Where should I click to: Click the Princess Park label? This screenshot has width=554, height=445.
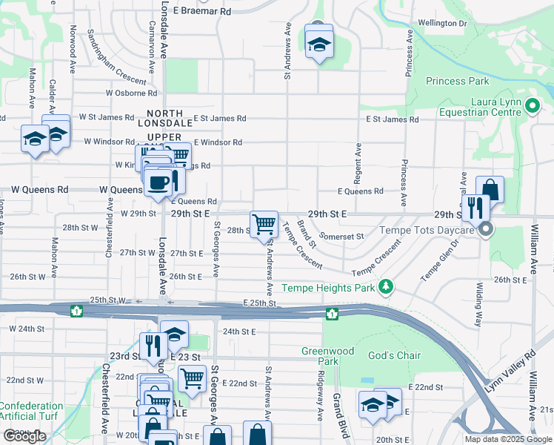(x=458, y=81)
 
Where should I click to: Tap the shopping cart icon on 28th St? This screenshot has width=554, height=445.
(x=264, y=223)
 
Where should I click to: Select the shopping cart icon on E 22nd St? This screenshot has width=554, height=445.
(x=192, y=378)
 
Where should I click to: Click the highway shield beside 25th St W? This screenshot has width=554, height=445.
(x=76, y=311)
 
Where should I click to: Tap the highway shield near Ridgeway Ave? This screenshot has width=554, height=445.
(x=333, y=314)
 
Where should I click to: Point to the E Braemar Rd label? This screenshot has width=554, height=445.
(x=202, y=12)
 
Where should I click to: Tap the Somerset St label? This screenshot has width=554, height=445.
(x=342, y=237)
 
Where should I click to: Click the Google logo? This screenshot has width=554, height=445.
(x=24, y=436)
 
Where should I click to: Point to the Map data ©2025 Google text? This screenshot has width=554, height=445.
(x=508, y=439)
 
